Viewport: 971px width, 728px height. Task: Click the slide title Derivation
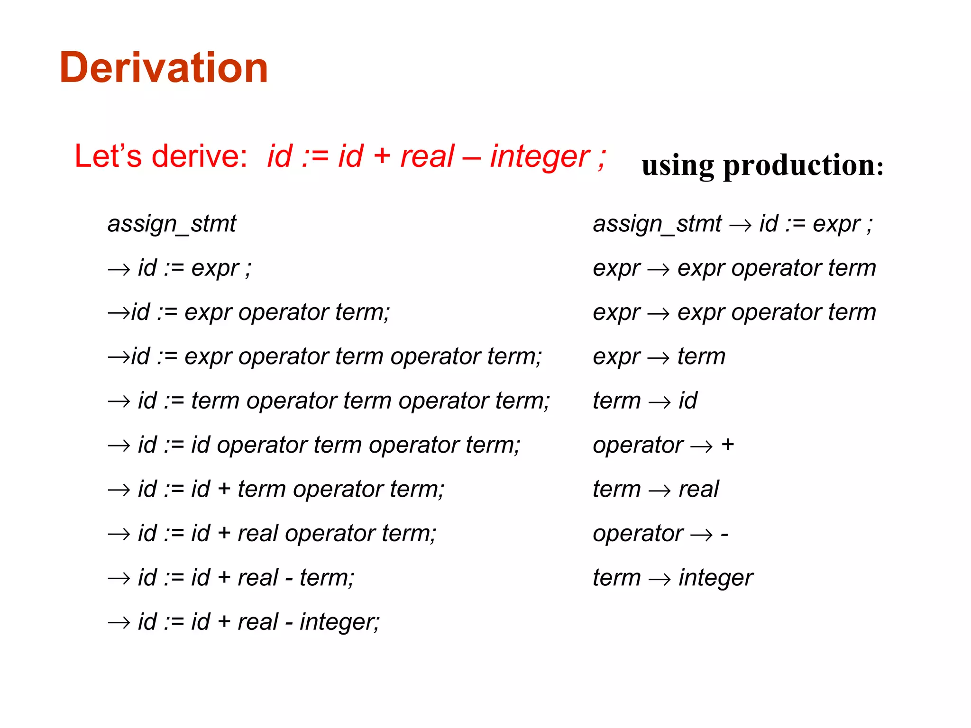(164, 68)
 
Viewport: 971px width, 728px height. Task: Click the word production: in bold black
(803, 165)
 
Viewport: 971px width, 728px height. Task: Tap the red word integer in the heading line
(540, 156)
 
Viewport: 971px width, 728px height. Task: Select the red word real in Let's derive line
(427, 156)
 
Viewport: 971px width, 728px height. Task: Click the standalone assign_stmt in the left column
(172, 224)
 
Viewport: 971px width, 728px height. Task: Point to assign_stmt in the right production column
(657, 224)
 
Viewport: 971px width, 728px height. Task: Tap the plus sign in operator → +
(727, 445)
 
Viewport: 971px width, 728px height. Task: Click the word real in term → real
(698, 489)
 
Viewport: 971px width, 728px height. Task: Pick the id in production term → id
(688, 401)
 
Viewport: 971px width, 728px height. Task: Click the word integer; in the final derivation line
(339, 622)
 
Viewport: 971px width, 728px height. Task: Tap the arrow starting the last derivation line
(119, 622)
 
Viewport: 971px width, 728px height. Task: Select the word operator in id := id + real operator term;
(330, 534)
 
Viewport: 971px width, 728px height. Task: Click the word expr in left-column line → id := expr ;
(215, 269)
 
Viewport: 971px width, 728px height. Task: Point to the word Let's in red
(108, 156)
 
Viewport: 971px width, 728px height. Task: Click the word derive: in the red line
(200, 156)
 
